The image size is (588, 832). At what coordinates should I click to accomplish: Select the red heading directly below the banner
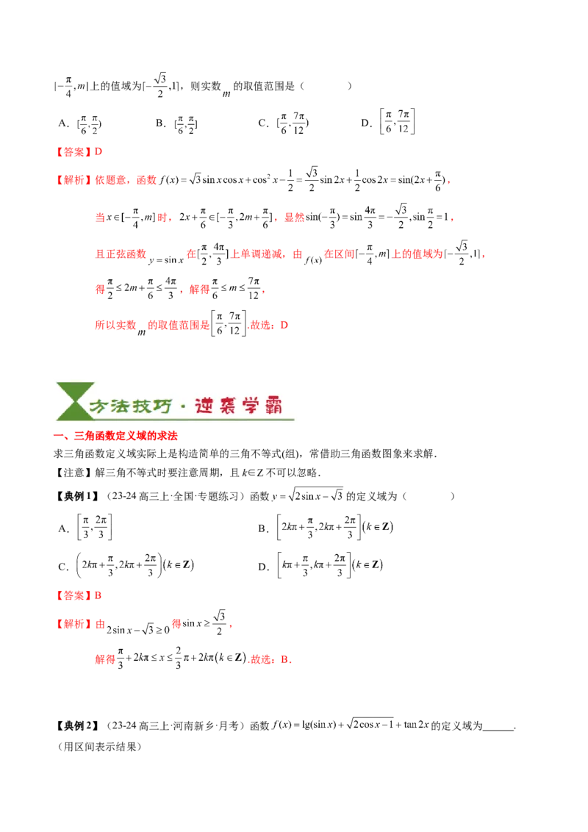(117, 435)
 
